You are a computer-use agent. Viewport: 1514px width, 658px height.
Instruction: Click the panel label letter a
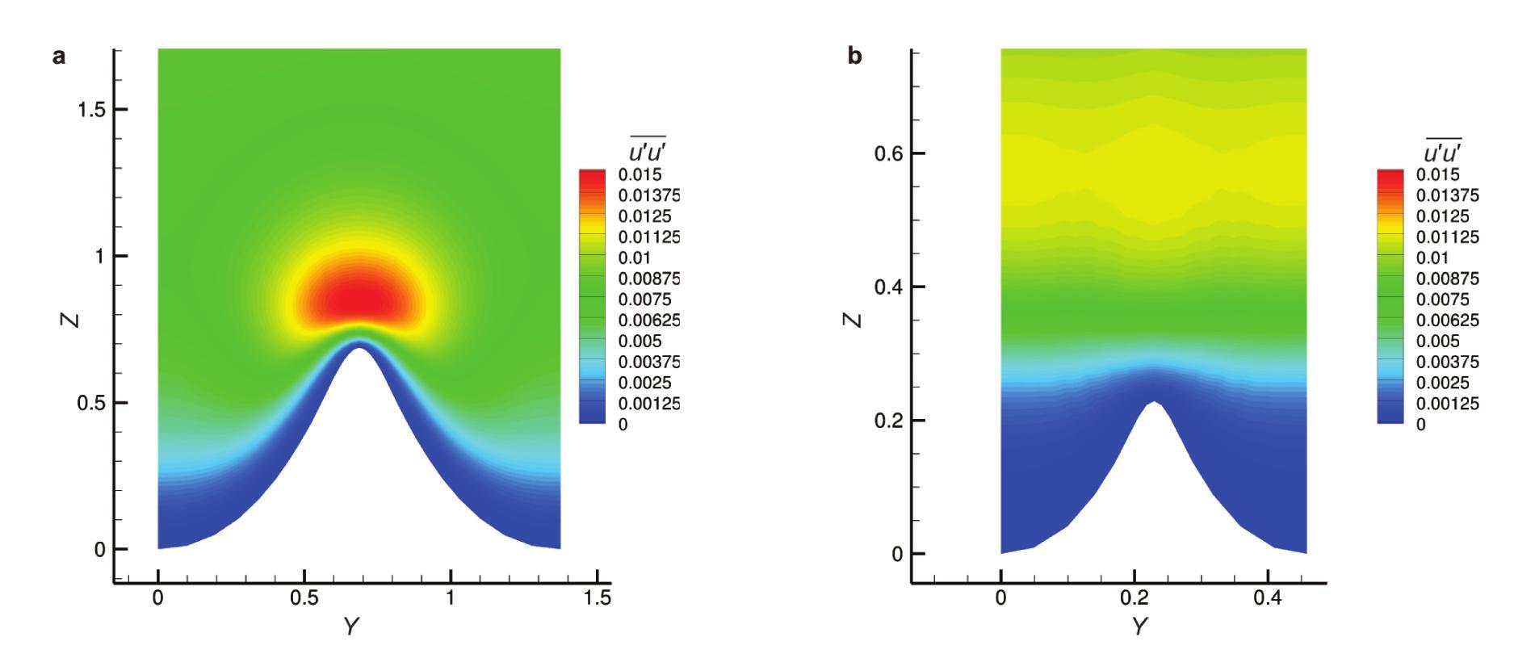[x=59, y=57]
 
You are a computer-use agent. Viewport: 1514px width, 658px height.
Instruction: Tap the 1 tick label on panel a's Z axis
[x=99, y=256]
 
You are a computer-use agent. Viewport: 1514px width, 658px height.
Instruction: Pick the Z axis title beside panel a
[x=71, y=320]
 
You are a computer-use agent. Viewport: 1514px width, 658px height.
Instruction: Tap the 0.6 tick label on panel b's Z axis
[x=888, y=153]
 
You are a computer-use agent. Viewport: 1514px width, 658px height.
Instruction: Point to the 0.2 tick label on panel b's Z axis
[x=888, y=421]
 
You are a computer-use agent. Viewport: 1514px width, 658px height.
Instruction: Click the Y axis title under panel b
[x=1139, y=627]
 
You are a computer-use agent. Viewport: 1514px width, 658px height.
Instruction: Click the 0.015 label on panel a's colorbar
[x=640, y=175]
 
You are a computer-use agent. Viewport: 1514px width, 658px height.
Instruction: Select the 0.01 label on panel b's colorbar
[x=1432, y=258]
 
